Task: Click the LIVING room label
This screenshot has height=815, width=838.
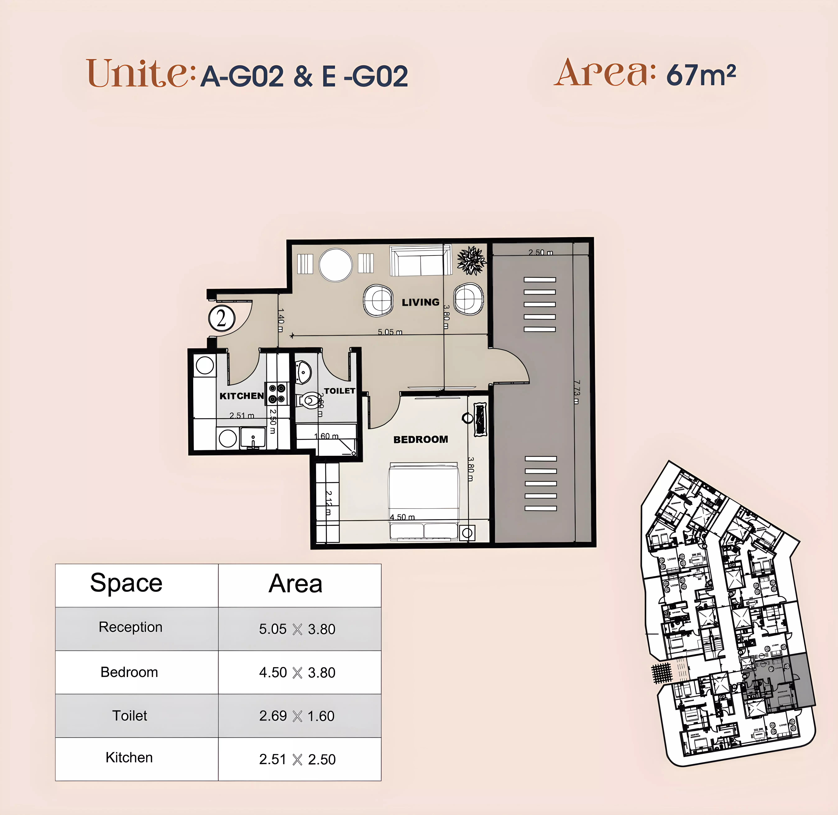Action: coord(421,302)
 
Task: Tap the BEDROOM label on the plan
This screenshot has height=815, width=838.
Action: coord(421,440)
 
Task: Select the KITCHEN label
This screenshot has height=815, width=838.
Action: coord(241,396)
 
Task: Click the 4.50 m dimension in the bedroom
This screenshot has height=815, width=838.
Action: coord(402,517)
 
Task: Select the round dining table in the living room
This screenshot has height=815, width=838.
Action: coord(336,265)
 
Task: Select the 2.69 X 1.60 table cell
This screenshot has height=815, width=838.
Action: coord(297,716)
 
